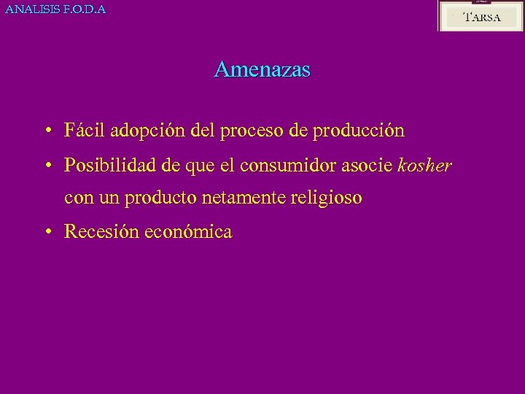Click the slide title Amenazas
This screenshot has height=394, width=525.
[262, 69]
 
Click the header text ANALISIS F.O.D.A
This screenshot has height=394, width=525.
[55, 9]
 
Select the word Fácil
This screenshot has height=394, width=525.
[84, 131]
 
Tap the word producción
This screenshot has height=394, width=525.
[357, 132]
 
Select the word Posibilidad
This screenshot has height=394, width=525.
[111, 166]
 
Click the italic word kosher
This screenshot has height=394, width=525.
[424, 166]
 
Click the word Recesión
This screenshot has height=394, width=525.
[101, 232]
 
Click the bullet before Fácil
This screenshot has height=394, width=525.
[47, 131]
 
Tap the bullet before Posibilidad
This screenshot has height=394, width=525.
[47, 166]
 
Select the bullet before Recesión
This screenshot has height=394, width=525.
[47, 232]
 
